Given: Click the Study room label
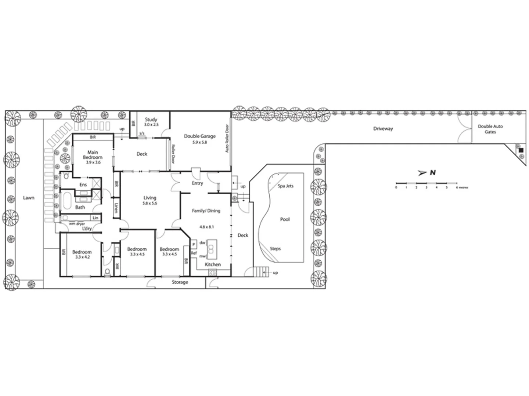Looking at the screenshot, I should (x=151, y=120).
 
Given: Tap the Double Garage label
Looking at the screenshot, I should (x=199, y=136).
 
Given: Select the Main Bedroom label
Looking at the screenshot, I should (x=93, y=155).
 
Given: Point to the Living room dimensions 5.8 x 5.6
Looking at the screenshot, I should (x=150, y=203).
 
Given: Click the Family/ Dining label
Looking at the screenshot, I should (x=206, y=211).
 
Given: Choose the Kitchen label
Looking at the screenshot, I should (x=213, y=264).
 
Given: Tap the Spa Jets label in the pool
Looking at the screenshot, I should (x=285, y=186).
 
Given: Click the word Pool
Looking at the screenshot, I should (x=285, y=220).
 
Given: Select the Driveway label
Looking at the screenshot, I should (x=383, y=129).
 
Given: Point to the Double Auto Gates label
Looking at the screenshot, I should (x=490, y=129).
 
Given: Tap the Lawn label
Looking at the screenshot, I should (x=29, y=198).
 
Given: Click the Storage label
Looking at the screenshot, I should (x=180, y=282).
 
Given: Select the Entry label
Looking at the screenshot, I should (x=197, y=183).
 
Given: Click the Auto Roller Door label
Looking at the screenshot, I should (x=227, y=139).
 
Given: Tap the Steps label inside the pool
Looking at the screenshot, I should (x=275, y=249).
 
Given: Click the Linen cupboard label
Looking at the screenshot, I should (x=116, y=209).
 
